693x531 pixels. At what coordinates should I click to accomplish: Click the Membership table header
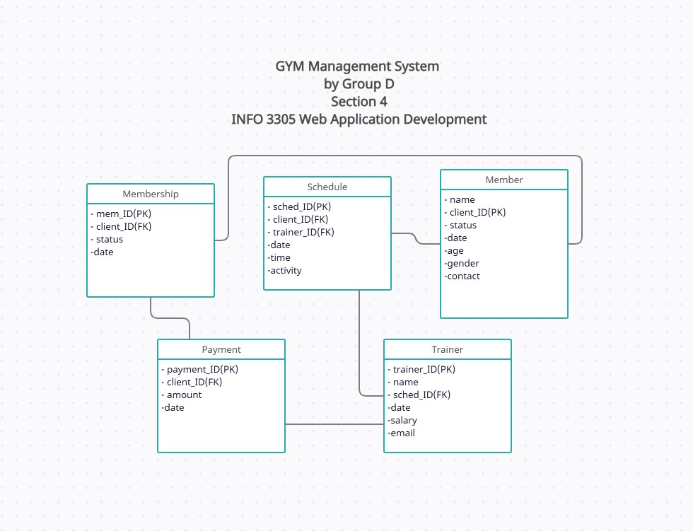tap(151, 194)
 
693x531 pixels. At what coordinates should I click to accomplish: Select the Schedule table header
tap(327, 187)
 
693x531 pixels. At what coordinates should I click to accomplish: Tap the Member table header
tap(504, 180)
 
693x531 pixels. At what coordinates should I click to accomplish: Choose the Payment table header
tap(221, 349)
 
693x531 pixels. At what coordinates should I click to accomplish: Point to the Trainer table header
tap(448, 349)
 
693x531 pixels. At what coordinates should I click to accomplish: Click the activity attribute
tap(285, 270)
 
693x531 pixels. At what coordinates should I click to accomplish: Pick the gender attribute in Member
tap(462, 263)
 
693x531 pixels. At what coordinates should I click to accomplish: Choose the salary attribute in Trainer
tap(403, 420)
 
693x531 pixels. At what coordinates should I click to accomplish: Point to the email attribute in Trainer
tap(402, 433)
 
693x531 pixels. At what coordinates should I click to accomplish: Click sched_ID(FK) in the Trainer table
tap(421, 395)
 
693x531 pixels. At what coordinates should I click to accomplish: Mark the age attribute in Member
tap(455, 250)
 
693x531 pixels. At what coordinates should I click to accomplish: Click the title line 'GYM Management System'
tap(357, 66)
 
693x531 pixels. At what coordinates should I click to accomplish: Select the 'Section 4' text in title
tap(359, 101)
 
